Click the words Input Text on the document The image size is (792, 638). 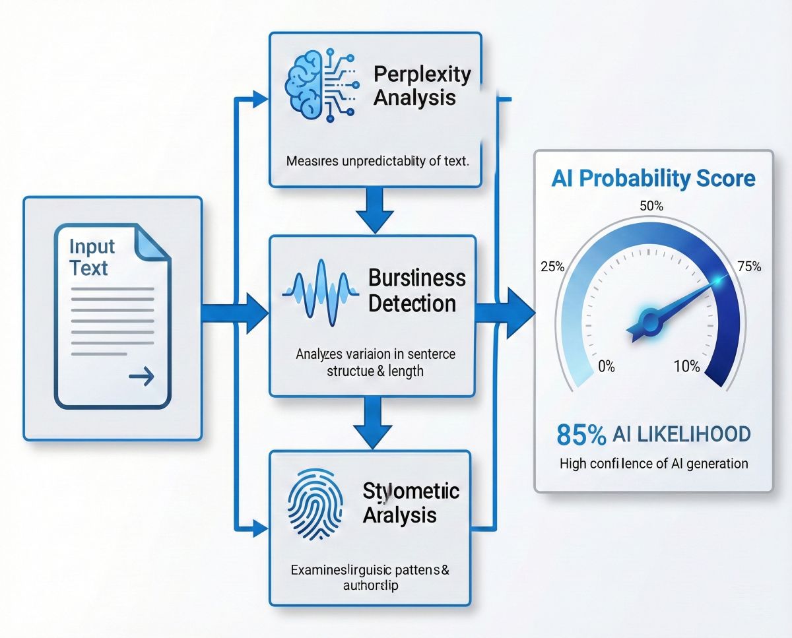click(x=92, y=258)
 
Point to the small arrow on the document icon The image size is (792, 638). click(x=141, y=377)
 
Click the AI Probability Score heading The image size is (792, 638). click(x=653, y=178)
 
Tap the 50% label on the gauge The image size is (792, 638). click(x=651, y=206)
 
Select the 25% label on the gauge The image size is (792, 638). click(x=552, y=267)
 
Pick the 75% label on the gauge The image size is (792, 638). click(x=748, y=267)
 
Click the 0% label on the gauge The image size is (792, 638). click(x=605, y=366)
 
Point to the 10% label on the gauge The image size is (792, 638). click(x=686, y=366)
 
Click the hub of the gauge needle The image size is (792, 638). click(x=650, y=322)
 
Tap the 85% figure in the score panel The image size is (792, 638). click(x=581, y=435)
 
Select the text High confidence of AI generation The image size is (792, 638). click(x=653, y=463)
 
